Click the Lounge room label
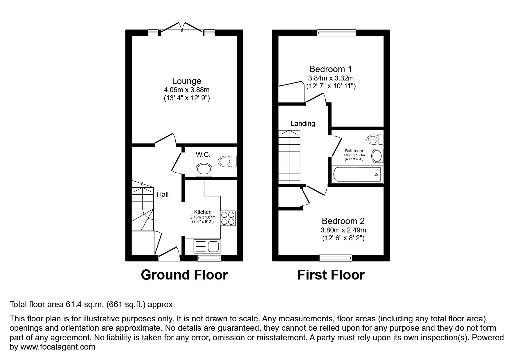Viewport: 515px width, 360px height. [x=186, y=81]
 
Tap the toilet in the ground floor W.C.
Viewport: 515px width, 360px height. [x=227, y=161]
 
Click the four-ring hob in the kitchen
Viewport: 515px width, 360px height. [x=228, y=218]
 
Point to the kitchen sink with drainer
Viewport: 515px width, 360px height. [x=206, y=246]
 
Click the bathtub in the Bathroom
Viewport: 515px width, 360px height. [x=357, y=174]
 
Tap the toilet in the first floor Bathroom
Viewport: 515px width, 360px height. [x=375, y=140]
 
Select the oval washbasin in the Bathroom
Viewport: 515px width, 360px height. [x=377, y=156]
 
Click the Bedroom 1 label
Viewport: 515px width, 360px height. [x=330, y=69]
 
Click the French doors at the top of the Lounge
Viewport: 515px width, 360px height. [x=182, y=28]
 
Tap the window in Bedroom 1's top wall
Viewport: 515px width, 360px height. [x=336, y=33]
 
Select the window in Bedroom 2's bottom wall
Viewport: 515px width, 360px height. [x=336, y=258]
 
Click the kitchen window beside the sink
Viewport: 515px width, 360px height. [x=209, y=258]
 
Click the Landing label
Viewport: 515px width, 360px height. [x=303, y=123]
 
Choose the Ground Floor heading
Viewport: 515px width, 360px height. [x=184, y=275]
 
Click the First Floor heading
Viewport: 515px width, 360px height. [x=331, y=275]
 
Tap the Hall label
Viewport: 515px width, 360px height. [x=163, y=194]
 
